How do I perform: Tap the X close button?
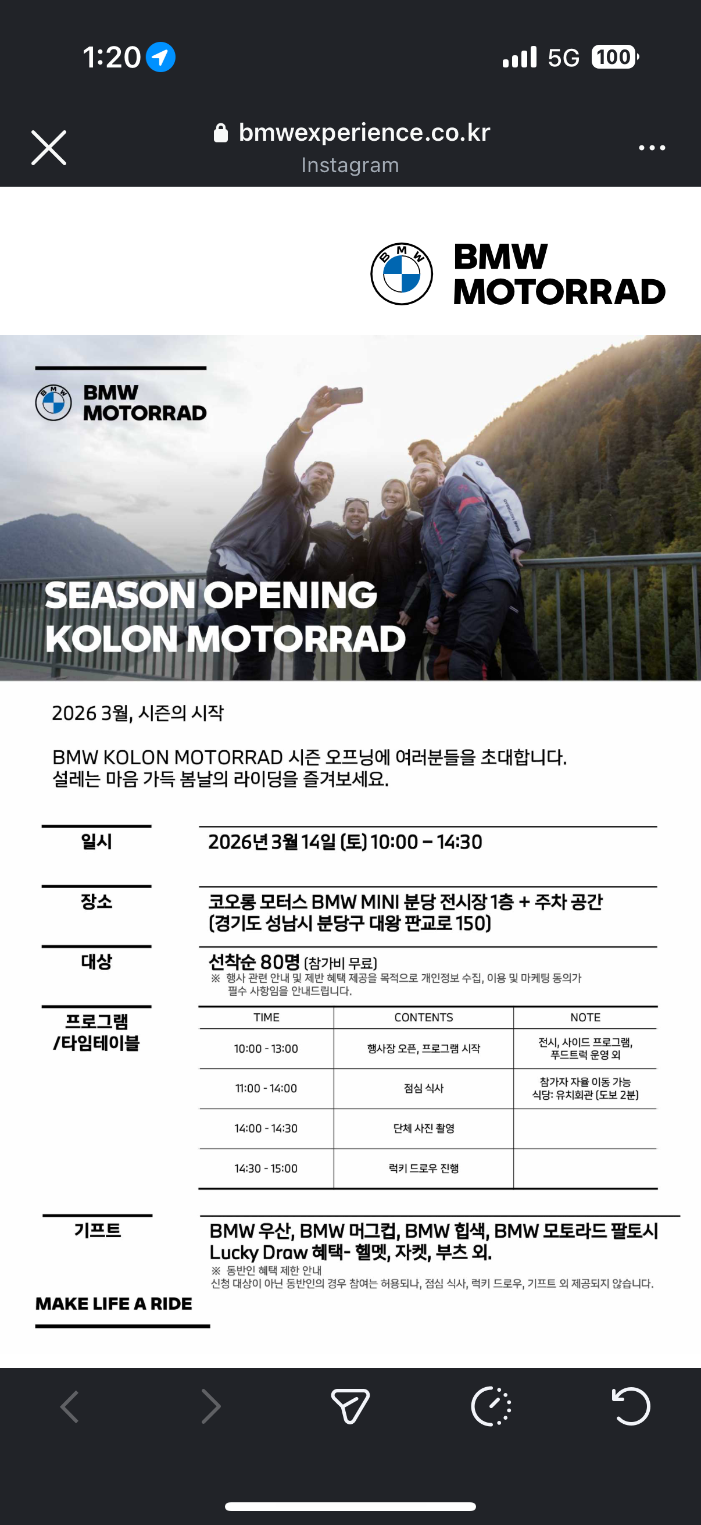[x=48, y=147]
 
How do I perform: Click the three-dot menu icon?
[x=652, y=147]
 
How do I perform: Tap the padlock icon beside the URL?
[x=221, y=133]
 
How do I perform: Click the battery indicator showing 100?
[x=614, y=58]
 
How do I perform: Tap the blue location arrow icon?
[x=160, y=58]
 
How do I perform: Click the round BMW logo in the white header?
[x=402, y=273]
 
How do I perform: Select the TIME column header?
[x=266, y=1017]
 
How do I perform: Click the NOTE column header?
[x=585, y=1017]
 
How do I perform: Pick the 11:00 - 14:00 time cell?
[x=266, y=1088]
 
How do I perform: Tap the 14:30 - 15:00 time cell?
[x=266, y=1168]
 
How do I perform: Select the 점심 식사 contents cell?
[x=424, y=1088]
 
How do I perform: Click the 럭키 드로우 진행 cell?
[x=424, y=1168]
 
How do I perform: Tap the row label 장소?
[x=96, y=902]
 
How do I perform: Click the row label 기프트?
[x=98, y=1230]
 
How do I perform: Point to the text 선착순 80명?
[x=255, y=961]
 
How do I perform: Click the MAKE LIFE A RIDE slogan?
[x=113, y=1303]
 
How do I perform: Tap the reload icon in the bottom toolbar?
[x=631, y=1405]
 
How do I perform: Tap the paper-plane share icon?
[x=350, y=1405]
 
